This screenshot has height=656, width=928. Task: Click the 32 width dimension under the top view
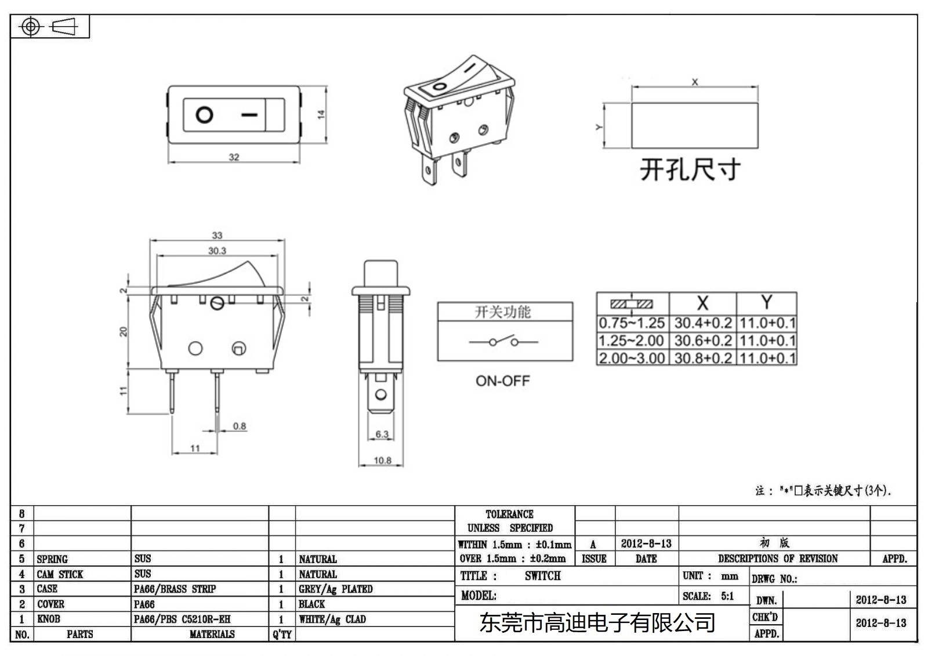(x=234, y=157)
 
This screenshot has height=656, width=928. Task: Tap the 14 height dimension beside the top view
(x=321, y=115)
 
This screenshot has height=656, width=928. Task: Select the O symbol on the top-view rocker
(x=204, y=115)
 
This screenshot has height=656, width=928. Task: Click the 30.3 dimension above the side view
(x=217, y=251)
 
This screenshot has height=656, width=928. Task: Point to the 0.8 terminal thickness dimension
(x=240, y=426)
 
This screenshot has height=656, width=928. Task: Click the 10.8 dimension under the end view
(x=382, y=461)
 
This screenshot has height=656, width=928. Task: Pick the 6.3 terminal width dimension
(x=382, y=434)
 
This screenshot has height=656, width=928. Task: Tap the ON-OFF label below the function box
(x=503, y=381)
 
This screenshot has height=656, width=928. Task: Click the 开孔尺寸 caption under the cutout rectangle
(x=690, y=170)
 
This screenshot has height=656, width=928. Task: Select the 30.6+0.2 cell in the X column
(x=703, y=340)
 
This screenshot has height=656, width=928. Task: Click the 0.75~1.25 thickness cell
(x=632, y=323)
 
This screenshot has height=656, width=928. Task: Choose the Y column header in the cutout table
(x=766, y=302)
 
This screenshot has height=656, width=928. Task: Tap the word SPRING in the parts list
(x=52, y=559)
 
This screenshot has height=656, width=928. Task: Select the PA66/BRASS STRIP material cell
(x=175, y=589)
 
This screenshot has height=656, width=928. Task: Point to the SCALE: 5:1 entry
(x=708, y=596)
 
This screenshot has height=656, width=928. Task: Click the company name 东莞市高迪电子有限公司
(x=597, y=623)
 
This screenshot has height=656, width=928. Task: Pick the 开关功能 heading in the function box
(x=503, y=312)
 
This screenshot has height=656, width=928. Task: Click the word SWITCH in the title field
(x=543, y=576)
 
